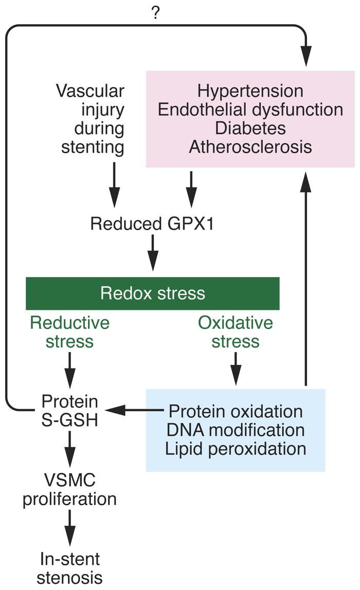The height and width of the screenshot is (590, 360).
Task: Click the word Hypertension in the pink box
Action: (x=250, y=91)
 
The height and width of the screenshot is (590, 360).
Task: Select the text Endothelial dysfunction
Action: (x=250, y=110)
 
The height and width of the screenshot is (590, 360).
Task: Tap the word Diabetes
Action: (x=250, y=128)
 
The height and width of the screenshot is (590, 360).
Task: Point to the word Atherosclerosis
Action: (x=250, y=147)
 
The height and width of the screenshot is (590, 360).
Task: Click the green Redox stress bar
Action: (x=153, y=293)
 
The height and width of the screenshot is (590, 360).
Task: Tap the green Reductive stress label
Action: (x=69, y=332)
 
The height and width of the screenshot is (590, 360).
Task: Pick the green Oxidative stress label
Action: (x=236, y=332)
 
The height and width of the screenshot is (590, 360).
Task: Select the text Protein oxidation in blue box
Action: (x=236, y=411)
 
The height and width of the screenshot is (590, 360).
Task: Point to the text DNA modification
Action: (x=236, y=430)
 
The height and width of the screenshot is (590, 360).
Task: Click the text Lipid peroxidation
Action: (x=236, y=448)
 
